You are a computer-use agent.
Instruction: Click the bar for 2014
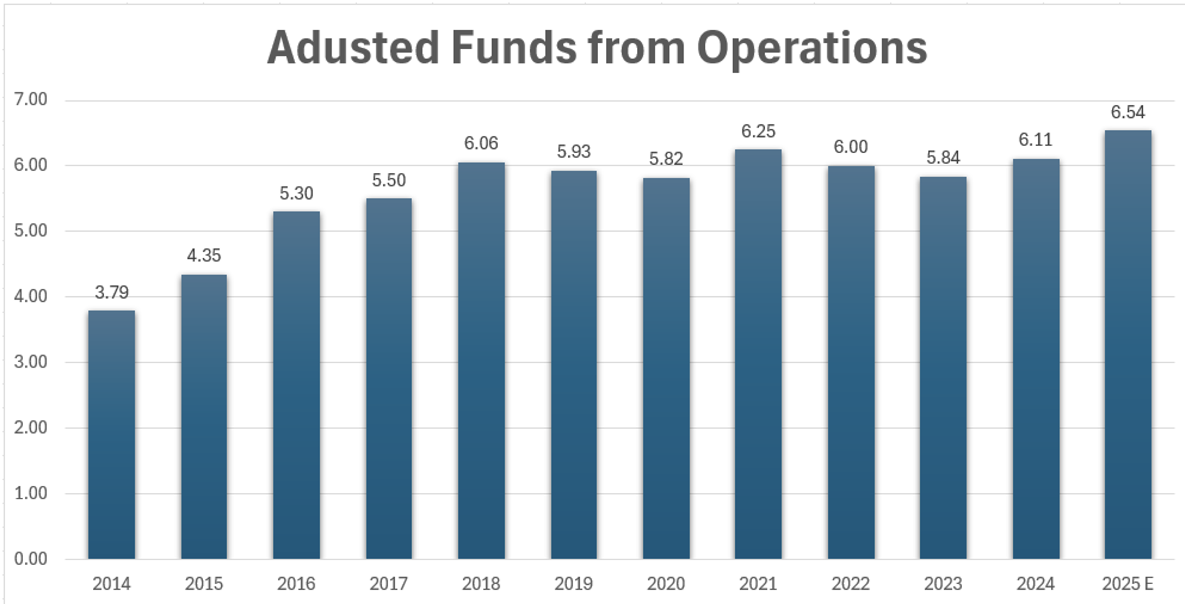(x=111, y=435)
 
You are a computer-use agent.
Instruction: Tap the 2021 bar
(x=758, y=354)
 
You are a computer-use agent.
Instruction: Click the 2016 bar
(x=296, y=385)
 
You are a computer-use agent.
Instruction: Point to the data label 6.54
(x=1128, y=112)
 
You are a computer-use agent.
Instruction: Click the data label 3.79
(x=112, y=292)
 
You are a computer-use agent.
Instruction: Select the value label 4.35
(x=204, y=256)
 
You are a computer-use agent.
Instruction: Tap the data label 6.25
(x=758, y=132)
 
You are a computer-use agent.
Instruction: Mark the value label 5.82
(x=666, y=159)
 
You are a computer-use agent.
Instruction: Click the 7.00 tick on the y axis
(x=31, y=99)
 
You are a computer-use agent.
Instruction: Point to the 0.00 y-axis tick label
(x=31, y=559)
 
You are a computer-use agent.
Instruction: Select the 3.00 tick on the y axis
(x=31, y=362)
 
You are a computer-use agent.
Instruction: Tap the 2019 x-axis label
(x=573, y=584)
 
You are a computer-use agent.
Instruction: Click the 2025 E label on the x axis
(x=1128, y=584)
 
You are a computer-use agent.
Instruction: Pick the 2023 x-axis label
(x=943, y=584)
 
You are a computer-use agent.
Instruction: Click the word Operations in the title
(x=812, y=48)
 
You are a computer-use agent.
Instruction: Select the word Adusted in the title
(x=353, y=48)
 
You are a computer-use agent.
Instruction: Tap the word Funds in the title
(x=513, y=48)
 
